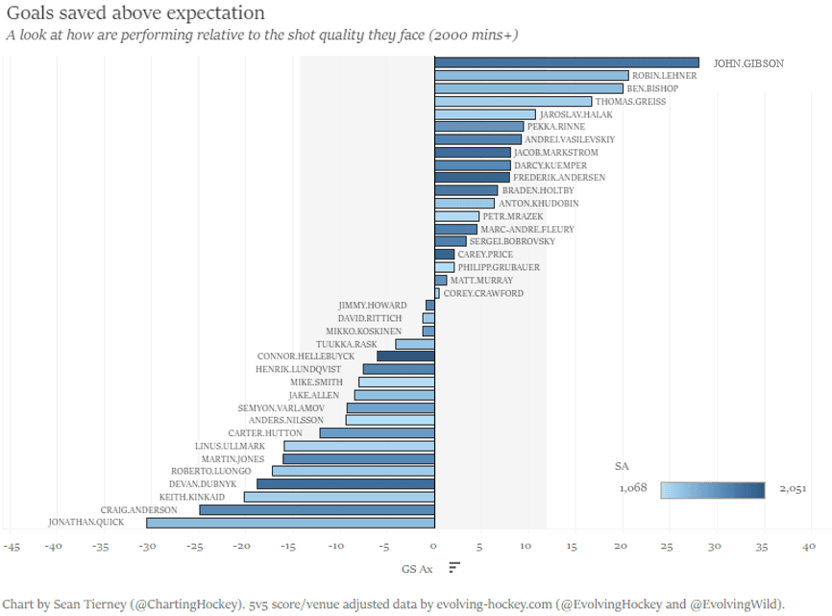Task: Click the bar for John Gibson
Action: [567, 63]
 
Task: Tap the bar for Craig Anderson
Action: [317, 509]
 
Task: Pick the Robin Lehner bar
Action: [531, 76]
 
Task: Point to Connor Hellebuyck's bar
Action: [405, 357]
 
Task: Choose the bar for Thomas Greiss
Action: [513, 101]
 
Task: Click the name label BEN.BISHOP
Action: [651, 88]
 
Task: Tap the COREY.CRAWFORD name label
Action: [483, 293]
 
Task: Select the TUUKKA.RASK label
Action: [347, 344]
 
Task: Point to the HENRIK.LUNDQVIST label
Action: [299, 369]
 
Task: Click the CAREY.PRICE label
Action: [485, 255]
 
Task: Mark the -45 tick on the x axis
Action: [12, 546]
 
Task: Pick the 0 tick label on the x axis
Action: [434, 546]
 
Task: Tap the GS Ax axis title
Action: [417, 568]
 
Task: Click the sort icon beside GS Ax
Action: [454, 568]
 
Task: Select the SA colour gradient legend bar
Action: [712, 490]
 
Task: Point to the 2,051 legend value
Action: [792, 489]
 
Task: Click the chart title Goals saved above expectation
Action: [135, 13]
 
